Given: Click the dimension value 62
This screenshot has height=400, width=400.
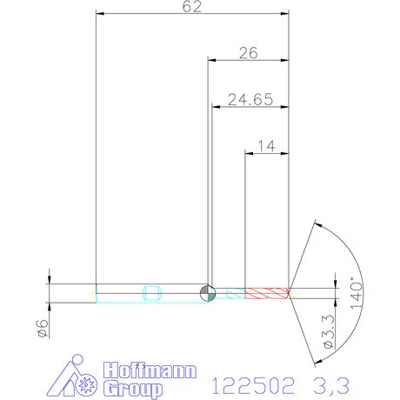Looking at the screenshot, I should (192, 7).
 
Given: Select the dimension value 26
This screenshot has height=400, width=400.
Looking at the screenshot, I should (248, 53).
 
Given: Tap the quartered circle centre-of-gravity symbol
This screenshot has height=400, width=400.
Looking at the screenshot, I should (207, 292).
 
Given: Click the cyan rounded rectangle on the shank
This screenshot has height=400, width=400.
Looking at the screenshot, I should (152, 292).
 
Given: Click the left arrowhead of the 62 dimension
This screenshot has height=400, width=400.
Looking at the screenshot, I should (99, 14).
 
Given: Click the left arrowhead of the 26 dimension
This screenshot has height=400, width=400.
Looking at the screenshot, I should (211, 60).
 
